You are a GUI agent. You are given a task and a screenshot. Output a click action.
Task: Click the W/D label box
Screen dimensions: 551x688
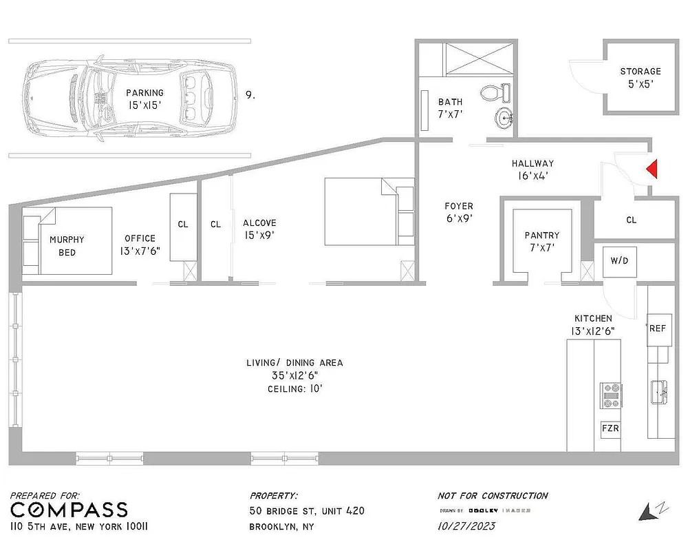coord(619,261)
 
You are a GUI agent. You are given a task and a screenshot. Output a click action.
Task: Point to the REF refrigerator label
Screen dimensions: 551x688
coord(657,328)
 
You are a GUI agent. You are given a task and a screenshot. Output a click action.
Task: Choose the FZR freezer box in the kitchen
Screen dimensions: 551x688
coord(610,428)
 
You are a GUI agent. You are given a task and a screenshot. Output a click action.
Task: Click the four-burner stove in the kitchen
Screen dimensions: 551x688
coord(611,395)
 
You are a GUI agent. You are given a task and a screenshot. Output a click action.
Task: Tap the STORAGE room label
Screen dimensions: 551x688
coord(640,71)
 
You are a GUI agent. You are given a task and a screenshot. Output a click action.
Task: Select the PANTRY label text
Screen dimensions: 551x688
coord(541,235)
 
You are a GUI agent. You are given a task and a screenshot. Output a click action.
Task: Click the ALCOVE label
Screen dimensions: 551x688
coord(259,222)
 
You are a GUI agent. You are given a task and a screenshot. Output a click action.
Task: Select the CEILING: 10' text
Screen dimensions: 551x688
coord(294,389)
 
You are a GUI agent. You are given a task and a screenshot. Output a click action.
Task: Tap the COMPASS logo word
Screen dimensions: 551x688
coord(69,510)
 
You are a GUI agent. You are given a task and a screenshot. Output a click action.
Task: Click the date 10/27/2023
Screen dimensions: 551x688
coord(466,526)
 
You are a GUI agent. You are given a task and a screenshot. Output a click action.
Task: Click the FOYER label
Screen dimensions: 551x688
coord(458,206)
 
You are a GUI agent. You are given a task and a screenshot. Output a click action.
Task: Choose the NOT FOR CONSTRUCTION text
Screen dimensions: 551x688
coord(493,496)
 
